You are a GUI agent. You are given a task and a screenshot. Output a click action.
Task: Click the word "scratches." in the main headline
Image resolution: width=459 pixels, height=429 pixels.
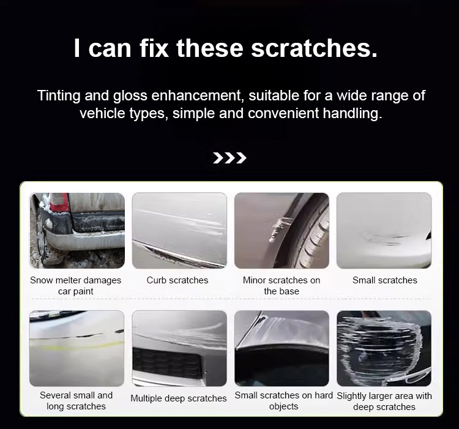(x=314, y=48)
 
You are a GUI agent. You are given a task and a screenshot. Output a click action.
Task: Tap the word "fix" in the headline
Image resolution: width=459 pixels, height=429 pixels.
(x=154, y=48)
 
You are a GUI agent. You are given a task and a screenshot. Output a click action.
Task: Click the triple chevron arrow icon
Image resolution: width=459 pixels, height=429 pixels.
(x=229, y=158)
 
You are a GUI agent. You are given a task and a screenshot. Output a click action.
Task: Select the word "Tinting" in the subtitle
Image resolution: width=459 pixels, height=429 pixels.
(x=59, y=96)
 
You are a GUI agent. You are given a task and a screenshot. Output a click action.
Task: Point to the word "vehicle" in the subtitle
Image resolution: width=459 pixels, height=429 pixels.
(x=102, y=113)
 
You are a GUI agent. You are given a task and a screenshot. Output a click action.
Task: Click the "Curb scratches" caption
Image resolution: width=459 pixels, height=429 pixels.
(x=177, y=280)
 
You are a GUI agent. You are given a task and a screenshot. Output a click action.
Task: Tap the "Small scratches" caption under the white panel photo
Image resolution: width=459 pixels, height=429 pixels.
(x=385, y=280)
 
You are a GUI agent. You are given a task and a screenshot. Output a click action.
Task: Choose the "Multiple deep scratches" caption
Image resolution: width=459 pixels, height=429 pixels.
(x=179, y=398)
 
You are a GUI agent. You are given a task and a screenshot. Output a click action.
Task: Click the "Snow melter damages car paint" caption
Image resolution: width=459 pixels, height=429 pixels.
(x=75, y=286)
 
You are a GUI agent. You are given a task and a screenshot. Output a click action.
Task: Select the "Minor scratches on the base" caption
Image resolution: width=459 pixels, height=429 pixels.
(x=282, y=286)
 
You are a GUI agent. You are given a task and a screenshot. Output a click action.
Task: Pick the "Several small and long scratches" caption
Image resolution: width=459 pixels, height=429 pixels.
(x=76, y=401)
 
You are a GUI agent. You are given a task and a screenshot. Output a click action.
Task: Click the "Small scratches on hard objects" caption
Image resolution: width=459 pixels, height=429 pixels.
(x=283, y=401)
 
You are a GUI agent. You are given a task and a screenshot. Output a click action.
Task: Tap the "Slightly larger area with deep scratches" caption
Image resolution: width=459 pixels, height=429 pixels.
(x=384, y=401)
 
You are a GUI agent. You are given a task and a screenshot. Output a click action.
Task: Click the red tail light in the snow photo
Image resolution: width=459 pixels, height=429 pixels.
(x=59, y=202)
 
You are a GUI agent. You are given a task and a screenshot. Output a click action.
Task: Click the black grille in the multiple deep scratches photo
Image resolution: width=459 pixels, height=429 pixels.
(x=167, y=363)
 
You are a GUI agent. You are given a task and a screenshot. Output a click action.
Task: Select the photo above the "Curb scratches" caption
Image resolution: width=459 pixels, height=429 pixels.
(x=179, y=230)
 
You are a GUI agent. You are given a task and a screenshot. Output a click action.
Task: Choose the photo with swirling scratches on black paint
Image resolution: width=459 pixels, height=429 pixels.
(x=384, y=348)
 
